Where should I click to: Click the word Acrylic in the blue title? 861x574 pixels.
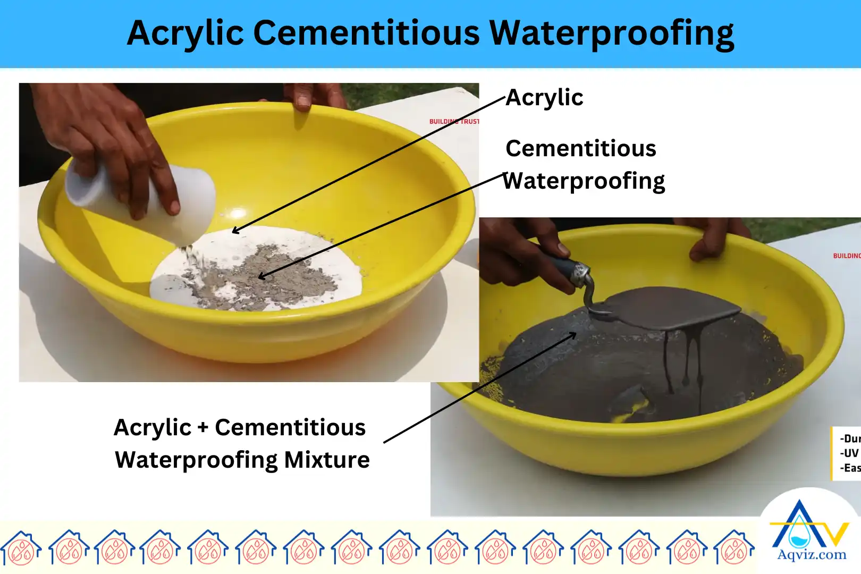pos(185,33)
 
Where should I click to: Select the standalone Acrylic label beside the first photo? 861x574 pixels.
pos(544,98)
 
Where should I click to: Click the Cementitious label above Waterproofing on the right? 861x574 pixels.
pos(581,148)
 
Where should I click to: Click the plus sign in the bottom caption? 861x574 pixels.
pos(202,427)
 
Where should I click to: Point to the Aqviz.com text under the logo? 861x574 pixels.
pos(812,555)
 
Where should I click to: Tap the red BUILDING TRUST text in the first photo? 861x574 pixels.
pos(454,122)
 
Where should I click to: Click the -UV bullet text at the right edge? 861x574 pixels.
pos(850,453)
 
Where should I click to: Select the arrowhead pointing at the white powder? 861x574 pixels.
pos(235,231)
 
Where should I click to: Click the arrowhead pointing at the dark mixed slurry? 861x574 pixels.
pos(573,335)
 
